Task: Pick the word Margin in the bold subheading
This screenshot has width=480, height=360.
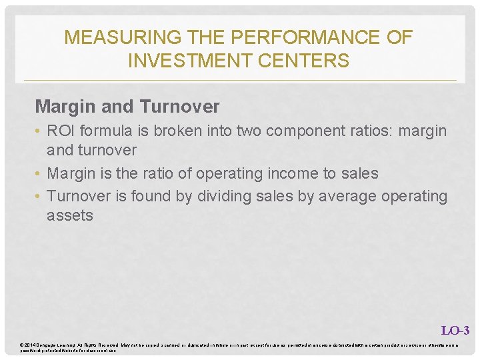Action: click(x=61, y=106)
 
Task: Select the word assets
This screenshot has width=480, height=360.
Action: click(x=70, y=215)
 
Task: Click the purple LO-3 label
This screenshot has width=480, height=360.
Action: click(x=455, y=330)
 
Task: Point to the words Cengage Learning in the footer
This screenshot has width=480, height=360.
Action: click(x=55, y=344)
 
